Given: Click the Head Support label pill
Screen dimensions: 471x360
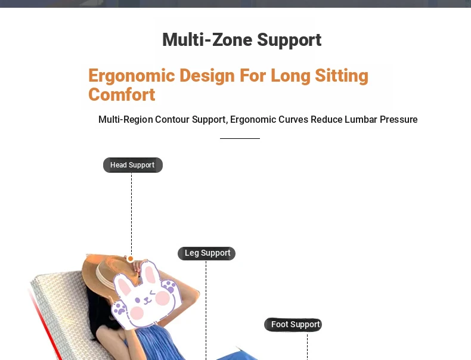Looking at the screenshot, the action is coord(133,165).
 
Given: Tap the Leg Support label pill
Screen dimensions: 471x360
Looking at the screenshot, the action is coord(207,253).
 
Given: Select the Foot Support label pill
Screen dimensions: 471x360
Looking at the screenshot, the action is coord(293,325).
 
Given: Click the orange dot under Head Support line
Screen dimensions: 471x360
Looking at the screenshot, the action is coord(131,259).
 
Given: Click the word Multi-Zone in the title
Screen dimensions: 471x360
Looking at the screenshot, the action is coord(207,39).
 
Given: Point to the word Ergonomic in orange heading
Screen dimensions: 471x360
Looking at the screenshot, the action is coord(132,76).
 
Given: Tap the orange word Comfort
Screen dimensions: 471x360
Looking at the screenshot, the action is coord(122,95).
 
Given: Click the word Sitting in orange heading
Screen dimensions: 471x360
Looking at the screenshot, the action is coord(342,76).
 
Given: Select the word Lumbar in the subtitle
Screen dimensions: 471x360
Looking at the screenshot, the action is coord(361,119).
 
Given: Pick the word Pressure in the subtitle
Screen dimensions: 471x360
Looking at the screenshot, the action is coord(399,119).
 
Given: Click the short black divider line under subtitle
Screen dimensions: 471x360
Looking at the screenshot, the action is coord(240,138).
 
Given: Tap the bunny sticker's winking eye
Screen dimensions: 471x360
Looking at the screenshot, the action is coord(153,293).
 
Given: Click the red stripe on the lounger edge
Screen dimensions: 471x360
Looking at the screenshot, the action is coord(45,324).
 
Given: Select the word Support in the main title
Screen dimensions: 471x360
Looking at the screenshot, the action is coord(289,39).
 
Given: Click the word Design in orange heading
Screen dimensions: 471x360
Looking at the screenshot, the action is coord(207,76).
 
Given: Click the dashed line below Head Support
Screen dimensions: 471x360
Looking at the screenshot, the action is coord(131,214).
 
